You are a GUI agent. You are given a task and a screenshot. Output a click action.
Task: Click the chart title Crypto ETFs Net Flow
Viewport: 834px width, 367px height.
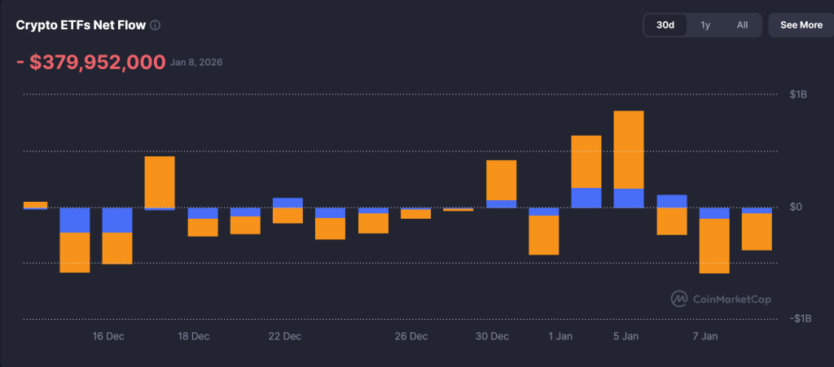pos(81,25)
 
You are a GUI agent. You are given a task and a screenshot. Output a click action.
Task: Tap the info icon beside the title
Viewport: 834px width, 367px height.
pos(156,25)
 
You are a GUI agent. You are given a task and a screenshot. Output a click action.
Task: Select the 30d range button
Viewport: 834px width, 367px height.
pos(665,25)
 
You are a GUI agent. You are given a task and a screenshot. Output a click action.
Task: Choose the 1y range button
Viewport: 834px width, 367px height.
pos(705,25)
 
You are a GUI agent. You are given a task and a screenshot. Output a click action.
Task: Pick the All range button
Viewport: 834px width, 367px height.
pos(742,25)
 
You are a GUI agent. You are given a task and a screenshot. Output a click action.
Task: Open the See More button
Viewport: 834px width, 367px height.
pos(801,25)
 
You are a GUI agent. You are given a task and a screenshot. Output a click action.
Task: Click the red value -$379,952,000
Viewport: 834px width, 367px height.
pos(90,63)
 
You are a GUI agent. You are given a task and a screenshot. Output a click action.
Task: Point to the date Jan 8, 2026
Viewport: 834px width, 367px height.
pos(196,63)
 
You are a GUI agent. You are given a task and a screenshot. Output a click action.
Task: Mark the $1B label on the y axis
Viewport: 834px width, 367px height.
pos(798,95)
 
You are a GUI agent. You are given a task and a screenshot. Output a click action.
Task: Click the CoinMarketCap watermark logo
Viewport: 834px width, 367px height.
pos(721,299)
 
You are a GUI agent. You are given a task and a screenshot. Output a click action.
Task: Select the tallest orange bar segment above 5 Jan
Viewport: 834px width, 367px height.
pos(629,150)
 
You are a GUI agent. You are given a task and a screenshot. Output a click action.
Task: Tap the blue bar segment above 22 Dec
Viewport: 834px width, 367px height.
pos(288,203)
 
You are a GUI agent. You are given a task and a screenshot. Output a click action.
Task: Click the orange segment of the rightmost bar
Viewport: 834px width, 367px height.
pos(757,232)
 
